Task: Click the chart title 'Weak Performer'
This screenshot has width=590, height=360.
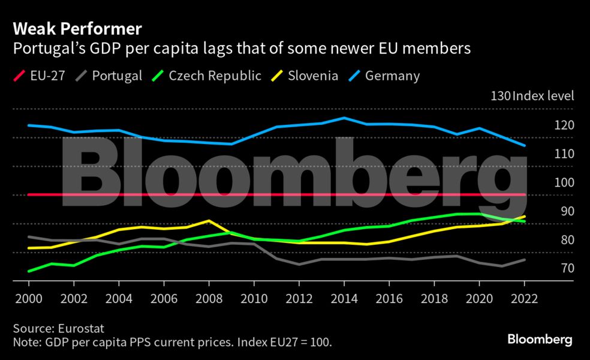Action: [x=77, y=28]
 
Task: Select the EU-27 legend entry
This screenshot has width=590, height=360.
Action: [x=39, y=76]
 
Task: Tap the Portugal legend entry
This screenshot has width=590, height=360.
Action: [x=110, y=76]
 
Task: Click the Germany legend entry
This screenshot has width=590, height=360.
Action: [x=384, y=76]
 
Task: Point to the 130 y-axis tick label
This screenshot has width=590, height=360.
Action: [x=501, y=96]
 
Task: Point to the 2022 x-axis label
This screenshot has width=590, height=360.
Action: [x=524, y=298]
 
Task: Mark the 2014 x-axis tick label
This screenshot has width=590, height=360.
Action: [x=344, y=298]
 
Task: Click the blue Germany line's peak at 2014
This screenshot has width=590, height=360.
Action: [x=344, y=118]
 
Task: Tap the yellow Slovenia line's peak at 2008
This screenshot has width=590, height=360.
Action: [x=209, y=221]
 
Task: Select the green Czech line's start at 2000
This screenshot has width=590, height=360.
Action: [x=28, y=271]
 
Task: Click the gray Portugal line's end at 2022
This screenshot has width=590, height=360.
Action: [x=525, y=259]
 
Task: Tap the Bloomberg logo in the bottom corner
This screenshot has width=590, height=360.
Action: [x=540, y=340]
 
